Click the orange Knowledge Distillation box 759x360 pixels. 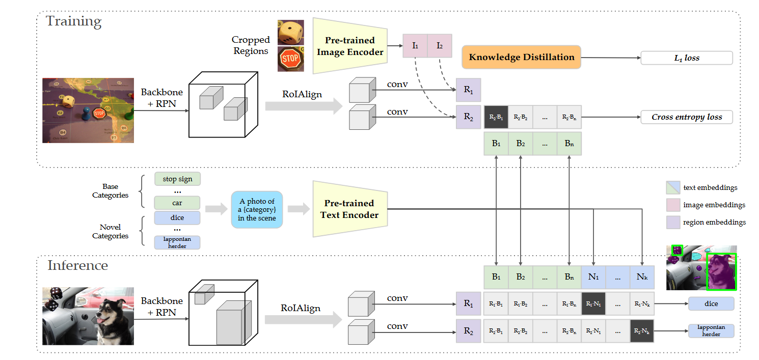point(521,58)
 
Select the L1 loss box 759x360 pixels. point(686,58)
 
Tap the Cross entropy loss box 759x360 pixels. point(686,117)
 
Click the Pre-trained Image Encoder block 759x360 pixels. point(349,46)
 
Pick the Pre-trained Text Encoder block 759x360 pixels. point(349,209)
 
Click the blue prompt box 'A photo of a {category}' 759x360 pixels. point(256,210)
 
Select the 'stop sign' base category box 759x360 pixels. point(177,179)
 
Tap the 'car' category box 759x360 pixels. point(177,203)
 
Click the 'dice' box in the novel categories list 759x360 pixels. point(177,218)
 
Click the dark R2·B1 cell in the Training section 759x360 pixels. point(496,117)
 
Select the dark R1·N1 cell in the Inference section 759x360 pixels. point(593,304)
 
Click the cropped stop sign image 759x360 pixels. point(290,59)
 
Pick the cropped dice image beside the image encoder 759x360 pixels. point(290,33)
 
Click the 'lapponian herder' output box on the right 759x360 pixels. point(711,331)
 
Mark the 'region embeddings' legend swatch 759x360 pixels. point(673,222)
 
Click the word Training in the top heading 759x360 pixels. point(74,21)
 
